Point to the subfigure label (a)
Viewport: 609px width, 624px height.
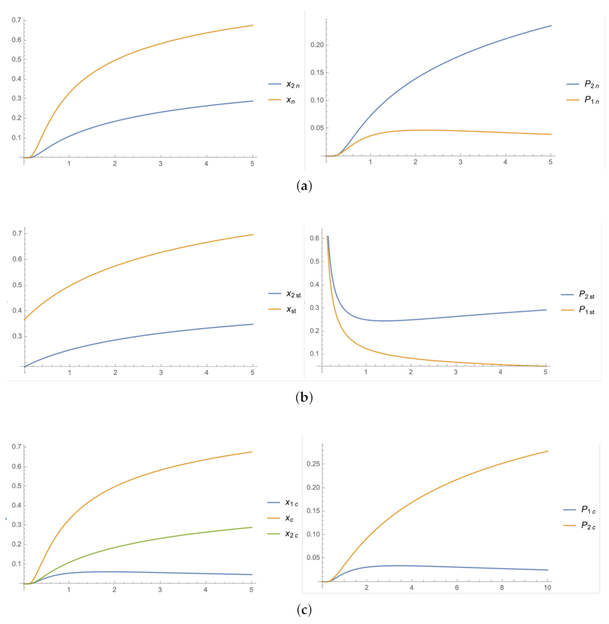coord(304,186)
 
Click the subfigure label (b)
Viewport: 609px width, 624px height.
coord(304,398)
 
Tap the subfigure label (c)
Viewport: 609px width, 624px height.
coord(304,611)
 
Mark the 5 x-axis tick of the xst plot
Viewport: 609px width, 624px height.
coord(252,370)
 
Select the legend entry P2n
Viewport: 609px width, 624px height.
coord(588,84)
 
